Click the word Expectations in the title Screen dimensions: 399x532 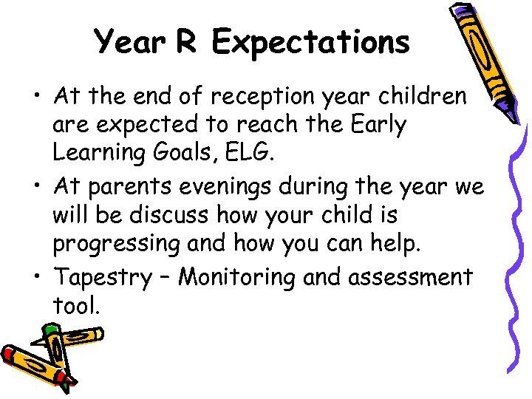pos(310,42)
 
